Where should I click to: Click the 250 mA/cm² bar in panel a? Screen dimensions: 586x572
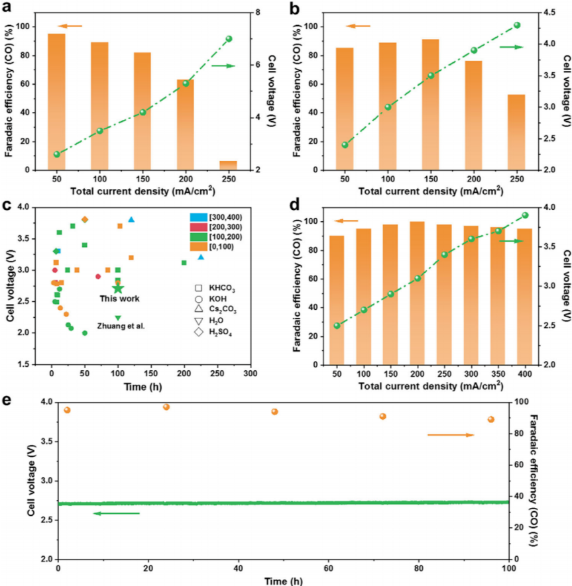228,165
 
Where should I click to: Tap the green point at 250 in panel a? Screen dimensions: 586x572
229,39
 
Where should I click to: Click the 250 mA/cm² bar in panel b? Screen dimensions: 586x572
516,132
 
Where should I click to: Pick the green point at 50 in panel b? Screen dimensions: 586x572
345,144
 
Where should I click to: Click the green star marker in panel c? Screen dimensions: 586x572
118,288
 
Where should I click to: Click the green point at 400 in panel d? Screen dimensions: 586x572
525,215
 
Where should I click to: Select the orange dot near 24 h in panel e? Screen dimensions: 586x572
166,407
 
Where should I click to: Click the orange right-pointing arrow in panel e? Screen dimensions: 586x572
451,435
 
